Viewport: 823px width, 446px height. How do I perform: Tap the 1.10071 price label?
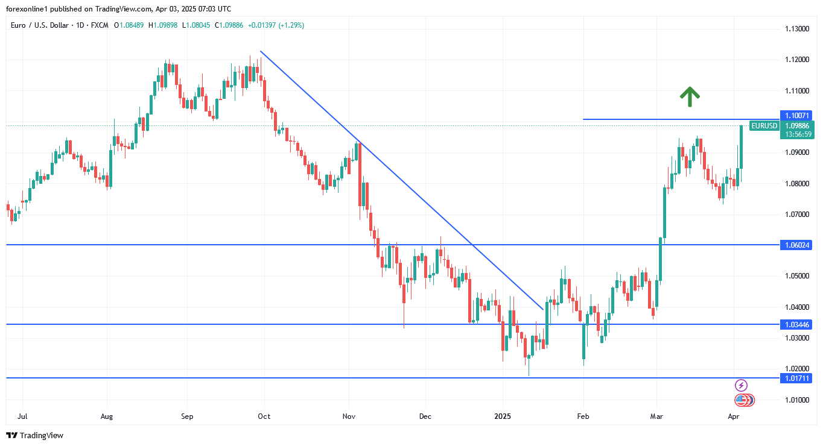click(796, 115)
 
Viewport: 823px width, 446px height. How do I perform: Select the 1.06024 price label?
click(796, 245)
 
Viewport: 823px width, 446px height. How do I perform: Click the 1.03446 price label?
click(796, 324)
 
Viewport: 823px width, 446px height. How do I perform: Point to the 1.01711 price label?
click(796, 378)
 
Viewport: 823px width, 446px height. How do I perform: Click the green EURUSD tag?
click(763, 126)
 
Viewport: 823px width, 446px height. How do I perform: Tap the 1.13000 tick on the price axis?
click(796, 29)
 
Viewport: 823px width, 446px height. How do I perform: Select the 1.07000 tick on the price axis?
click(796, 214)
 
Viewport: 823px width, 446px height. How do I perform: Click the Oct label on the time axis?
click(264, 416)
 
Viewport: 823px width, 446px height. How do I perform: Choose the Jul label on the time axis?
click(22, 416)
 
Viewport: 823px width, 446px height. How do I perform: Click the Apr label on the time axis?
click(734, 416)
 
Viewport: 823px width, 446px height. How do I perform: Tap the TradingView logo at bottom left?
click(34, 435)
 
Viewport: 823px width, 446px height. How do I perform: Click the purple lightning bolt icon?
click(742, 385)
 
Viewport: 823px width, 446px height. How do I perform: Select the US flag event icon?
click(742, 400)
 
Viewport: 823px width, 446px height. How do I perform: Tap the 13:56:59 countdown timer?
click(796, 134)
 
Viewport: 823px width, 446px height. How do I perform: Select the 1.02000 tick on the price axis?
click(796, 369)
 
